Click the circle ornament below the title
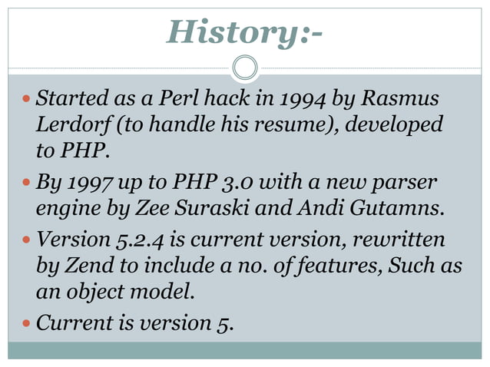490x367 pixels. pos(245,68)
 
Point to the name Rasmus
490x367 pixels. pos(400,99)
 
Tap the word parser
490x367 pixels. pos(407,185)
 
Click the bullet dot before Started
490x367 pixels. pos(24,99)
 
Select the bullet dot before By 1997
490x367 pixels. pos(24,185)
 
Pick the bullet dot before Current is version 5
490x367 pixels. pos(24,323)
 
